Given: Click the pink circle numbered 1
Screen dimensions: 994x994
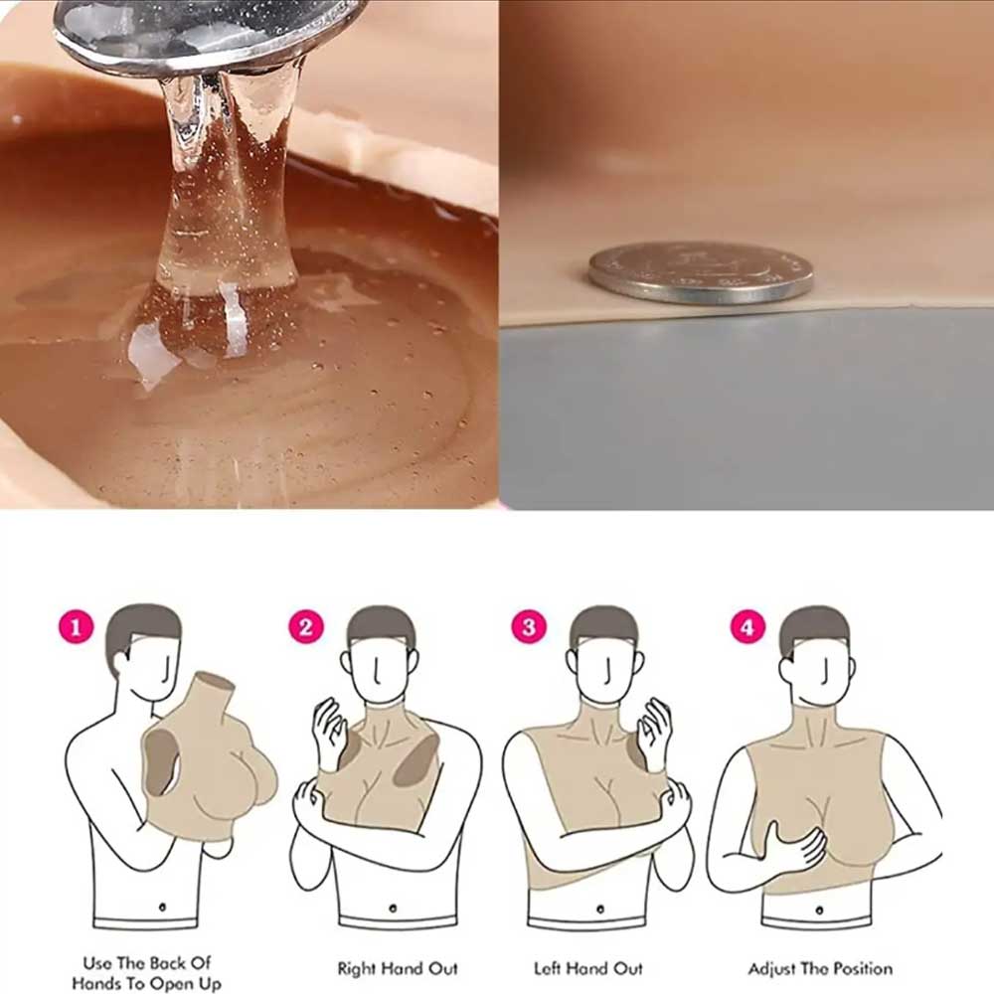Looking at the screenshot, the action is point(77,627).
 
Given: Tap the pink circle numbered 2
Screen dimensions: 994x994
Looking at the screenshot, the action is point(306,627).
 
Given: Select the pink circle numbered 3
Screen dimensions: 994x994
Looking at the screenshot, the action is point(529,627).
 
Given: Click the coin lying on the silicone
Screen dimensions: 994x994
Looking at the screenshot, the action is point(701,272).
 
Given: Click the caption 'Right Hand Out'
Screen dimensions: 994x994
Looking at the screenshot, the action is point(398,968).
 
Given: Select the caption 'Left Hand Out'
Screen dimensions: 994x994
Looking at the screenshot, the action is point(588,968).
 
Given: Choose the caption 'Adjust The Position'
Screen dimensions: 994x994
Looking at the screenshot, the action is point(820,968).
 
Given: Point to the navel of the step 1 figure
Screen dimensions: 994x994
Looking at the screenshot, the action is point(162,908).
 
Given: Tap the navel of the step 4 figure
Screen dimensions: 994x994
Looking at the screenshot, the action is point(819,911).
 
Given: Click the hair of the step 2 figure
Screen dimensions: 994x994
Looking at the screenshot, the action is point(381,623).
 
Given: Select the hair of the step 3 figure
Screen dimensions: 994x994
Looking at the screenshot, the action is point(602,623).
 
